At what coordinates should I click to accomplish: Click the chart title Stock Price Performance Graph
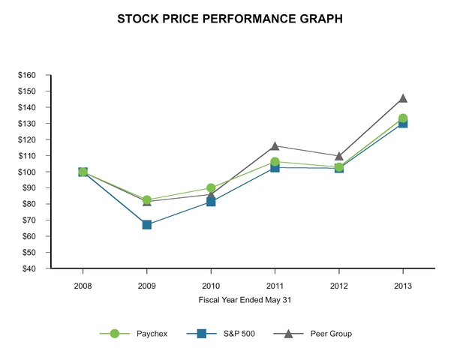coord(230,19)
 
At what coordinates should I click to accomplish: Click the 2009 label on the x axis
coord(147,286)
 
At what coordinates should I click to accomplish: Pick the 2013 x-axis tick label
coord(403,286)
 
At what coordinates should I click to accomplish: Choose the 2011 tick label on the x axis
coord(275,286)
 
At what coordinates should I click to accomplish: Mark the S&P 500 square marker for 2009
coord(147,224)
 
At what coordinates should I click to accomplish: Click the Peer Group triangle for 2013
coord(403,98)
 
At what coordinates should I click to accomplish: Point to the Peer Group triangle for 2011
coord(275,145)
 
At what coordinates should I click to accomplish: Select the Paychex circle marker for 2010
coord(211,187)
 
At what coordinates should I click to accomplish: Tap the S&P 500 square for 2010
coord(211,202)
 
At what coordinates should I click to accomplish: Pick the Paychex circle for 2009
coord(147,199)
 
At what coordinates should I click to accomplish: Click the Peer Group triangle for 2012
coord(339,156)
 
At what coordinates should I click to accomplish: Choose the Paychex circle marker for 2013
coord(403,118)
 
